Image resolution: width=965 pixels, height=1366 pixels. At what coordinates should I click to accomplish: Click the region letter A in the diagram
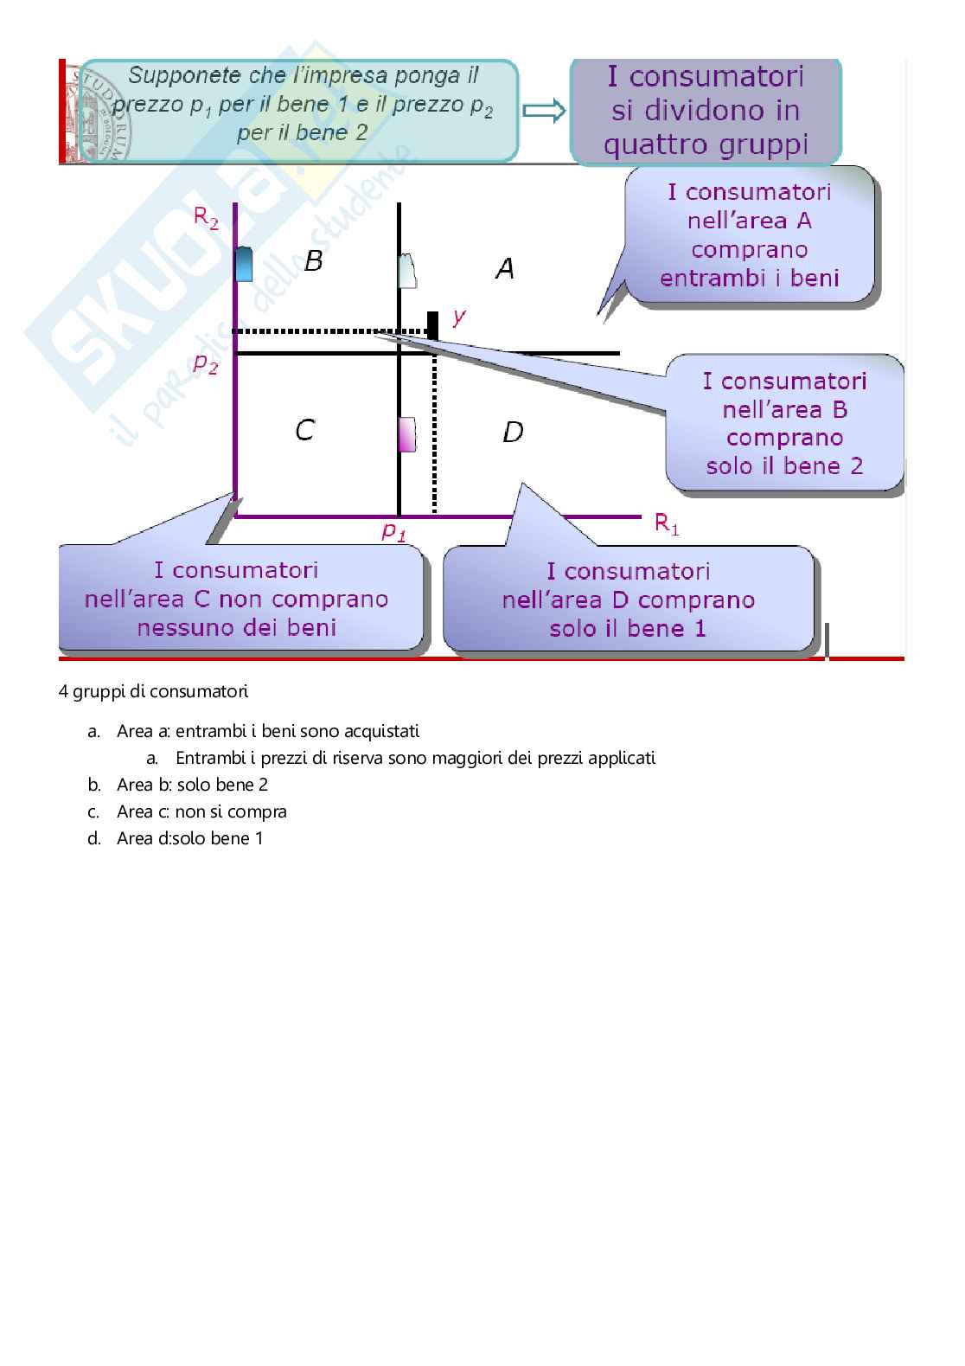pyautogui.click(x=505, y=269)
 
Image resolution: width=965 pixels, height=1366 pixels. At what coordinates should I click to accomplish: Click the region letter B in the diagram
pyautogui.click(x=314, y=260)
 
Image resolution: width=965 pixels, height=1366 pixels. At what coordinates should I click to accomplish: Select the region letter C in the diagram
pyautogui.click(x=304, y=430)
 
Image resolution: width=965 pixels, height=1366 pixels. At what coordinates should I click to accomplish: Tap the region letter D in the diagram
pyautogui.click(x=513, y=431)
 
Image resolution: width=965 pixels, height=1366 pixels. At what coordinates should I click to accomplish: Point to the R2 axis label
pyautogui.click(x=206, y=218)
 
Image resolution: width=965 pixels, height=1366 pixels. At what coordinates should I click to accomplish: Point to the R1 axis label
pyautogui.click(x=666, y=523)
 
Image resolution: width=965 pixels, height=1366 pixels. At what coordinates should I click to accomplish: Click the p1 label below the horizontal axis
pyautogui.click(x=394, y=531)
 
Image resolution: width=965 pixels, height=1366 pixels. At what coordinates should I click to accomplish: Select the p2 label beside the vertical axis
pyautogui.click(x=206, y=364)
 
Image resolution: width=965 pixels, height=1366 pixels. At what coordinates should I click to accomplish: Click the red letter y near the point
pyautogui.click(x=458, y=316)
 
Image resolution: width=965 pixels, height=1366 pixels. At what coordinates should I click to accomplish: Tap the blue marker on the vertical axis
pyautogui.click(x=244, y=264)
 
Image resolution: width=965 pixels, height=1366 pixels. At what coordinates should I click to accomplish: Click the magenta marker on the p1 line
pyautogui.click(x=406, y=433)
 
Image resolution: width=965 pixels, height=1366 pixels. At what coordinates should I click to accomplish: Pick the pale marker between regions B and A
pyautogui.click(x=407, y=271)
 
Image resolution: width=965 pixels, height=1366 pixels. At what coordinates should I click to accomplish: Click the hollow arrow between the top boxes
pyautogui.click(x=544, y=111)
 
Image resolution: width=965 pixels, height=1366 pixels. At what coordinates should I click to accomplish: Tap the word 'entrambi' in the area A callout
pyautogui.click(x=701, y=279)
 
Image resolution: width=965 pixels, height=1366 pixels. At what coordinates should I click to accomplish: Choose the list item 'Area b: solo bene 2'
pyautogui.click(x=192, y=785)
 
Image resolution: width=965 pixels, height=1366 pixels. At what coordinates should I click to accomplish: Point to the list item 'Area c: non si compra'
pyautogui.click(x=201, y=811)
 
